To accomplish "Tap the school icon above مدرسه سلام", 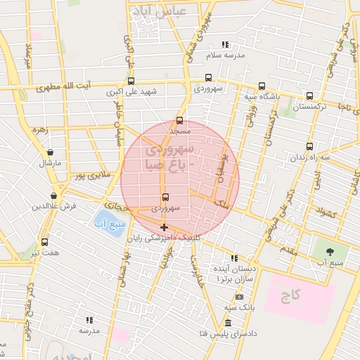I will pyautogui.click(x=225, y=44).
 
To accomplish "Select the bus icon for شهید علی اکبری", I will pyautogui.click(x=131, y=81).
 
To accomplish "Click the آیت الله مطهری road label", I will pyautogui.click(x=84, y=86).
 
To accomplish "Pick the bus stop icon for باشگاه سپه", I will pyautogui.click(x=262, y=86).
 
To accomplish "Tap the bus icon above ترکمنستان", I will pyautogui.click(x=310, y=96).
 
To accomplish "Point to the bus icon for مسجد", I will pyautogui.click(x=179, y=120).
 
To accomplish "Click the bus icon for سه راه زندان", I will pyautogui.click(x=309, y=147).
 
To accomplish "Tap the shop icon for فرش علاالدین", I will pyautogui.click(x=53, y=195).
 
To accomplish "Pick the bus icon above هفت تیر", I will pyautogui.click(x=45, y=242).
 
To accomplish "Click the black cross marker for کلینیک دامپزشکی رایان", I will pyautogui.click(x=164, y=227).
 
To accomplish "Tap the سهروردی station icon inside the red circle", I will pyautogui.click(x=165, y=198).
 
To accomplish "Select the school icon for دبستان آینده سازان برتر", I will pyautogui.click(x=234, y=258).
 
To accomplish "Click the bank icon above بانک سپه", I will pyautogui.click(x=239, y=297).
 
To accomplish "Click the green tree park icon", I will pyautogui.click(x=326, y=252).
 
